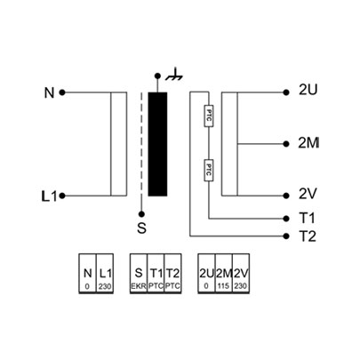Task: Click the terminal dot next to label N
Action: pos(62,92)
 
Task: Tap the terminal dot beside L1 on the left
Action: pos(62,196)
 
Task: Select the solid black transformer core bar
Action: pos(157,144)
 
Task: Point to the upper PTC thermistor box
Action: pos(209,116)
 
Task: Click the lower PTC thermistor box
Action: pos(209,170)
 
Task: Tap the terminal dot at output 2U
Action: pos(286,92)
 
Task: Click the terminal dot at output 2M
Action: pos(286,144)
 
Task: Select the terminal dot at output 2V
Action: pos(286,196)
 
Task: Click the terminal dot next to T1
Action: pos(286,219)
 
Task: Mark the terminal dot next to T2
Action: pos(286,236)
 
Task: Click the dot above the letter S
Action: pos(141,213)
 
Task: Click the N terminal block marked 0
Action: pos(87,273)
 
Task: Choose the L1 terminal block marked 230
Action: pos(105,273)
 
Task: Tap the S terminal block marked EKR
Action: pos(139,273)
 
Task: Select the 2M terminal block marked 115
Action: pos(224,273)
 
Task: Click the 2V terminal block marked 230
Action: pos(241,273)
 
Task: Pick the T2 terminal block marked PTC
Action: pos(172,273)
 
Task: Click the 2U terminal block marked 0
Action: pos(206,273)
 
